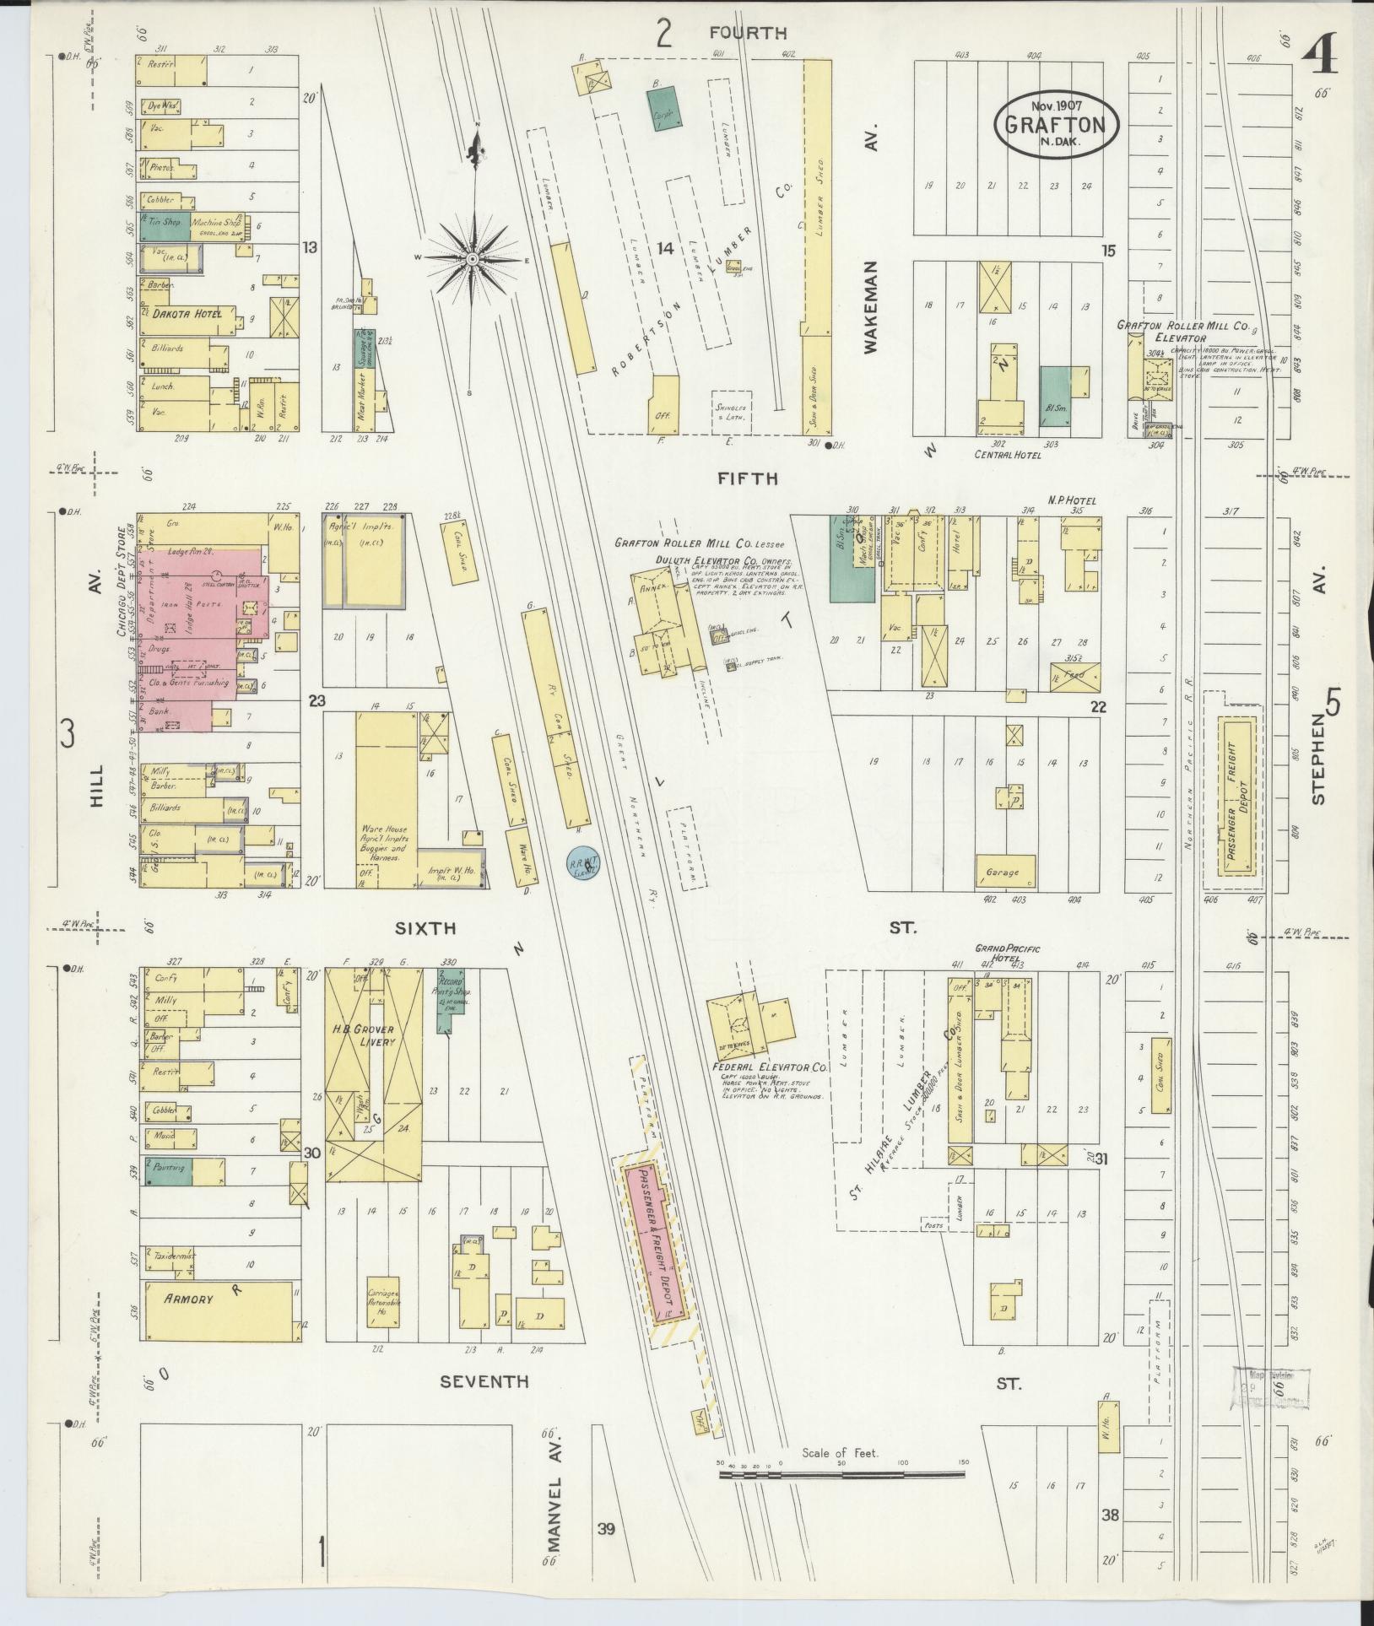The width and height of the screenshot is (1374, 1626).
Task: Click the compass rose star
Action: tap(473, 258)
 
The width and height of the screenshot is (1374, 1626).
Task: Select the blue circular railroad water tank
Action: tap(582, 864)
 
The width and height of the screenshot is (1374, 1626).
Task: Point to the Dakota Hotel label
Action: tap(187, 314)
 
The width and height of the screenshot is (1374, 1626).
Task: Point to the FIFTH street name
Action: tap(746, 478)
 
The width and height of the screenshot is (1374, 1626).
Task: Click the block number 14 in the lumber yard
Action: tap(665, 248)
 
